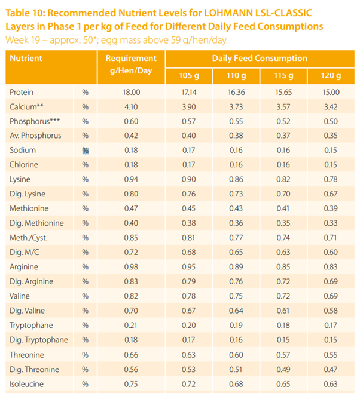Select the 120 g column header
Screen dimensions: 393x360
331,76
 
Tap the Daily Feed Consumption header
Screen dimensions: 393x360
260,59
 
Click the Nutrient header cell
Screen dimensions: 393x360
26,59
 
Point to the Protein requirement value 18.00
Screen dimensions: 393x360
131,92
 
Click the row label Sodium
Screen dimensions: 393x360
23,150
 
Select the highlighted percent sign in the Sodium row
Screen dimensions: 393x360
85,151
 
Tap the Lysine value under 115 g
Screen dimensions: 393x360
283,179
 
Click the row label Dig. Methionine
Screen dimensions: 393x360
36,223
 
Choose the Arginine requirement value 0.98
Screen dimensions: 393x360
131,266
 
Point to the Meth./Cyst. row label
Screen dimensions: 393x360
28,238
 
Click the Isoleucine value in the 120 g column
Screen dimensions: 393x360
331,383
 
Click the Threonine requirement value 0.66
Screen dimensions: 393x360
131,354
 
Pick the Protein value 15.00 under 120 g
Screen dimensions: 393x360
331,92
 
